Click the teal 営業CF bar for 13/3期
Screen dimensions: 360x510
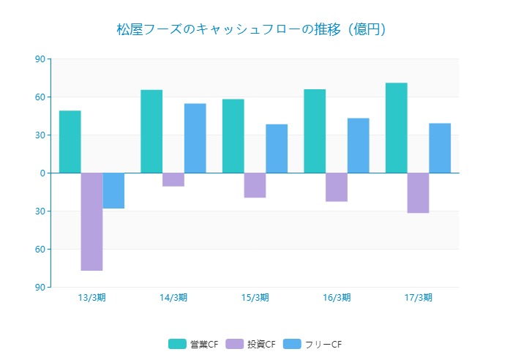coord(70,142)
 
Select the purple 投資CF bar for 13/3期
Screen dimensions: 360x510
coord(91,222)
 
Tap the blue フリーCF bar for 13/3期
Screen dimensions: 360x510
coord(113,190)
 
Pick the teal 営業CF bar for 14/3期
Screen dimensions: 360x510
coord(151,132)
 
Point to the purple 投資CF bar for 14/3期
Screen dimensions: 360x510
coord(173,179)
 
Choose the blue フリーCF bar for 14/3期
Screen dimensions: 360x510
coord(195,138)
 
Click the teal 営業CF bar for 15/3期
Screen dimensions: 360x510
coord(233,136)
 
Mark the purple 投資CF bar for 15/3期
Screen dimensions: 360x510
coord(255,185)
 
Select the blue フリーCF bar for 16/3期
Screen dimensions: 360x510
coord(359,146)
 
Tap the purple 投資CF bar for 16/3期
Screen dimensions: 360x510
coord(337,187)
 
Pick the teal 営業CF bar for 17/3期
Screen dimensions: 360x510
coord(397,128)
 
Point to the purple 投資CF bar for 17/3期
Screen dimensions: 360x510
coord(418,193)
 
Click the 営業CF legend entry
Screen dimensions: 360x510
coord(194,344)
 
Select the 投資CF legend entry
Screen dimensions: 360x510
coord(251,344)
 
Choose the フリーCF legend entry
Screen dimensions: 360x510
coord(312,344)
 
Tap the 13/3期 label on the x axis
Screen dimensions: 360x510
coord(91,297)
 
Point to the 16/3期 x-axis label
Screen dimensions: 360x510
coord(337,297)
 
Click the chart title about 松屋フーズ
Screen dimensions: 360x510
coord(251,29)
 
